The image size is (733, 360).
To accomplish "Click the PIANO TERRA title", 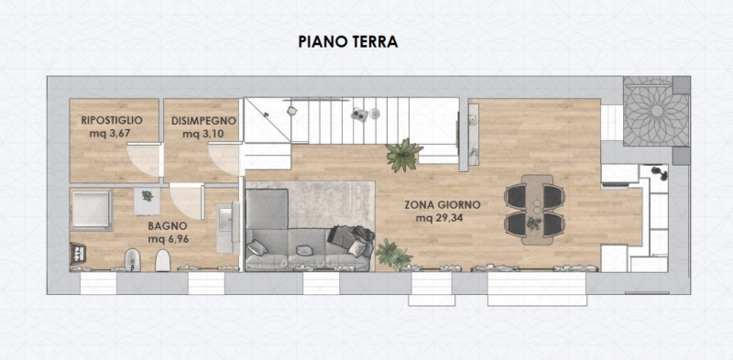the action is (348, 41).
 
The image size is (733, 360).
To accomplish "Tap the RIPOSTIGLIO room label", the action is (112, 120).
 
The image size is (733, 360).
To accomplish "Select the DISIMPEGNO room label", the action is (203, 121).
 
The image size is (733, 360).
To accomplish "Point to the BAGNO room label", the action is (168, 226).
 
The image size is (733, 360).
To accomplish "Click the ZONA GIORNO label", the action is (443, 205).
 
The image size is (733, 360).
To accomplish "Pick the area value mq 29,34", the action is (440, 218).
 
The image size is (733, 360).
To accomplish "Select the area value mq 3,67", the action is (109, 134).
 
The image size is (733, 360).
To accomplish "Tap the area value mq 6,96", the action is (169, 240).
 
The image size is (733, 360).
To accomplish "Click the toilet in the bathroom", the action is (163, 260).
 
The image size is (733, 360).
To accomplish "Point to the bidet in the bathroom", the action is (132, 260).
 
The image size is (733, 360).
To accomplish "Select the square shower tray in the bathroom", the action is (92, 210).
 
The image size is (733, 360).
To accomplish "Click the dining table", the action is (537, 210).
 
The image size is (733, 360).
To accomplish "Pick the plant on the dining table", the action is (534, 224).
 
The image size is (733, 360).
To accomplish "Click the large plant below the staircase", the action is (404, 155).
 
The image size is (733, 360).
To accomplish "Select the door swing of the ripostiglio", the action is (143, 160).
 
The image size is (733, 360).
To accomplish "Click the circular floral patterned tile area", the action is (657, 111).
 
